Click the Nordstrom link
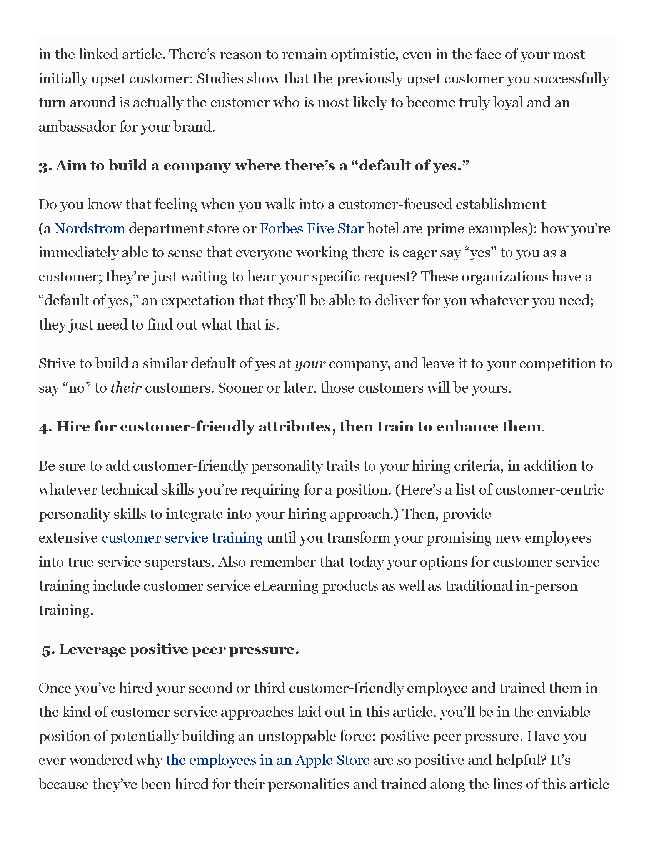point(90,228)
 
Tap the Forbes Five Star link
point(312,228)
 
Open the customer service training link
point(182,538)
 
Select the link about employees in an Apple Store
point(267,760)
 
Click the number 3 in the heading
point(43,167)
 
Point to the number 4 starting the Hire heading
point(43,428)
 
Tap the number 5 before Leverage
point(47,650)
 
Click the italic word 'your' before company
point(310,364)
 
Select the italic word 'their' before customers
point(125,388)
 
